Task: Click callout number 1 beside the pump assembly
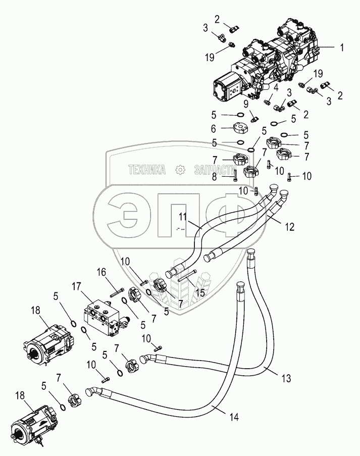click(x=342, y=47)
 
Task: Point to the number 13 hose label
click(x=286, y=378)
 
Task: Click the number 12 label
click(x=290, y=227)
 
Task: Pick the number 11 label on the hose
click(x=183, y=217)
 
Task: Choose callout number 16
click(x=101, y=272)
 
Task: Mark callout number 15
click(x=200, y=292)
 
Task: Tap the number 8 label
click(x=214, y=177)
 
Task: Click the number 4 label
click(x=276, y=87)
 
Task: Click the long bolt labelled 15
click(x=187, y=276)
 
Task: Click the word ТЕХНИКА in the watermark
click(x=147, y=170)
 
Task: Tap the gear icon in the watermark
click(x=180, y=170)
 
